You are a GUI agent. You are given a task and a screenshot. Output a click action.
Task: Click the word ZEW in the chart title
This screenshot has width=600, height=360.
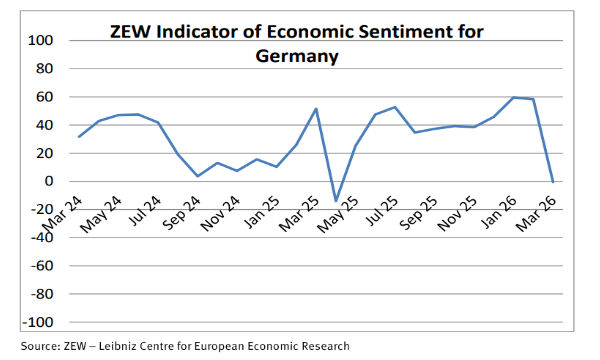tap(135, 32)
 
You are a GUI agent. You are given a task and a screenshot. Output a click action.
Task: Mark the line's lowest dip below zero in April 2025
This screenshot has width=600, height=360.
tap(336, 201)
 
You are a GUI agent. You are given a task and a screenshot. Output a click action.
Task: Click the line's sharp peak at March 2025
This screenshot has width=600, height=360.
tap(316, 109)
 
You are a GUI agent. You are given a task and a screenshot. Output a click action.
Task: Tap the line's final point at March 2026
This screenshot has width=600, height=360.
tap(554, 182)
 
